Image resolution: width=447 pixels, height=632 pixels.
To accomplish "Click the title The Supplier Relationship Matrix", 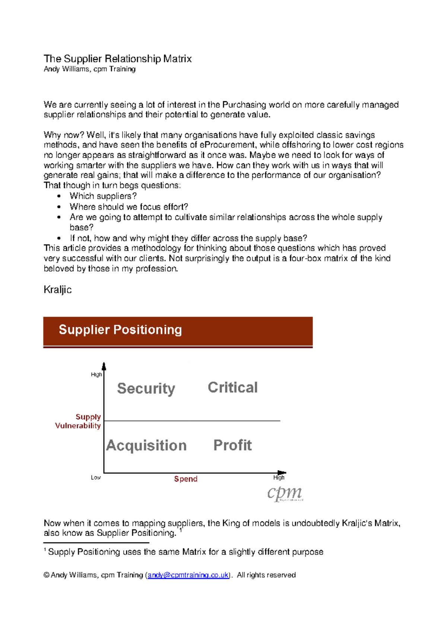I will coord(118,59).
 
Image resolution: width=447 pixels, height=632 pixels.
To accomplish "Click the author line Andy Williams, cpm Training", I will coord(89,69).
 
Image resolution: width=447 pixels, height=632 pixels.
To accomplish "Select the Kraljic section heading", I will coord(57,290).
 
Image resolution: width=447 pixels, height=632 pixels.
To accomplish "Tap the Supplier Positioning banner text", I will coord(120,330).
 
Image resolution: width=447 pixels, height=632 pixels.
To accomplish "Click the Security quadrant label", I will coord(146,389).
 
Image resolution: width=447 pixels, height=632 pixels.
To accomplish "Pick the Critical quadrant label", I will coord(232,387).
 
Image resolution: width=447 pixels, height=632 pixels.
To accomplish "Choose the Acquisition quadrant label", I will coord(146,446).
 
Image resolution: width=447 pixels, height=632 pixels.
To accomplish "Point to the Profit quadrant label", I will coord(232,445).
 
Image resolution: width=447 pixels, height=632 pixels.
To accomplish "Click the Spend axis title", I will coord(186,479).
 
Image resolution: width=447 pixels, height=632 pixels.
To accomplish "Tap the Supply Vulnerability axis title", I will coord(78,421).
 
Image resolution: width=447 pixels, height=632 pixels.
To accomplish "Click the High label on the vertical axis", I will coord(96,374).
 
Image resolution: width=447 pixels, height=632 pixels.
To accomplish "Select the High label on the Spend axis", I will coord(279,478).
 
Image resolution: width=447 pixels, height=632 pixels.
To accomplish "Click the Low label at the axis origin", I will coord(96,478).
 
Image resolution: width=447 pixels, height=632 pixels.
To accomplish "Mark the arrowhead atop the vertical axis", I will coord(104,366).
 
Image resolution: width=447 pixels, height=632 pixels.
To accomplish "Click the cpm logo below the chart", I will coord(285,494).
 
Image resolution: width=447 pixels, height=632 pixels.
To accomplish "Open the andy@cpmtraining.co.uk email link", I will coord(188,575).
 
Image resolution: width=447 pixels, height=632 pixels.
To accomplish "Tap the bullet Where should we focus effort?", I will coord(129,207).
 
